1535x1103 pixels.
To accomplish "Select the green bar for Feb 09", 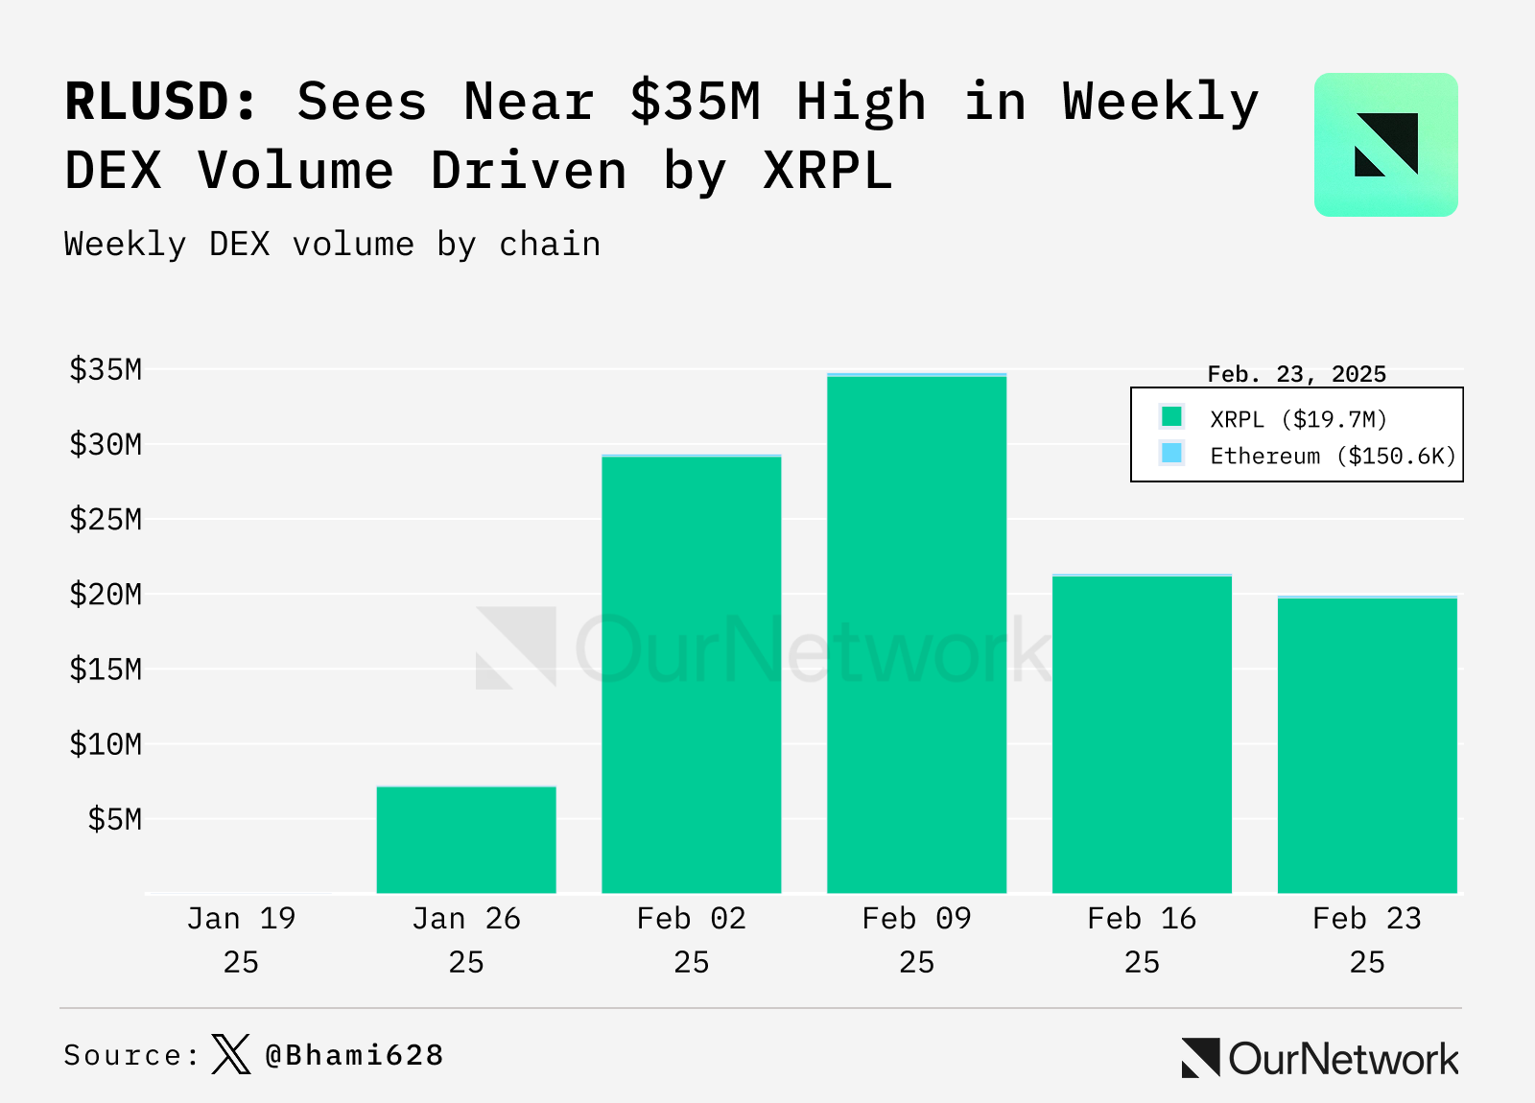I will point(916,633).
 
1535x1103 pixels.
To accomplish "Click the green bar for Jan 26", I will point(466,840).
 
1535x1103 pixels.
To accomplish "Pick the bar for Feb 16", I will point(1142,735).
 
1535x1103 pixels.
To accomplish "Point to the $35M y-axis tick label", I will point(106,369).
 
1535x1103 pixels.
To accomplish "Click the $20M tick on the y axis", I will point(106,595).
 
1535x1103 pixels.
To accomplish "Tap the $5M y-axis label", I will point(114,819).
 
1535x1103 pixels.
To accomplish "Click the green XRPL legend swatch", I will point(1171,417).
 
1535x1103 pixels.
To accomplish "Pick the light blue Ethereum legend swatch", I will point(1171,454).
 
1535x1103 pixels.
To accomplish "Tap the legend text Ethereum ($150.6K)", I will point(1333,456).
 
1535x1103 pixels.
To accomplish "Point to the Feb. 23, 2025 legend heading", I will point(1296,374).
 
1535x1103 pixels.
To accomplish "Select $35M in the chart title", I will point(695,102).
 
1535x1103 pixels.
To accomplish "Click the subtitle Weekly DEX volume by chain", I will point(332,245).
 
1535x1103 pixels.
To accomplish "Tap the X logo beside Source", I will point(230,1054).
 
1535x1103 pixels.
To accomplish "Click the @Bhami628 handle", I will point(354,1055).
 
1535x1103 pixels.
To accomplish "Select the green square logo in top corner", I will point(1385,145).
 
